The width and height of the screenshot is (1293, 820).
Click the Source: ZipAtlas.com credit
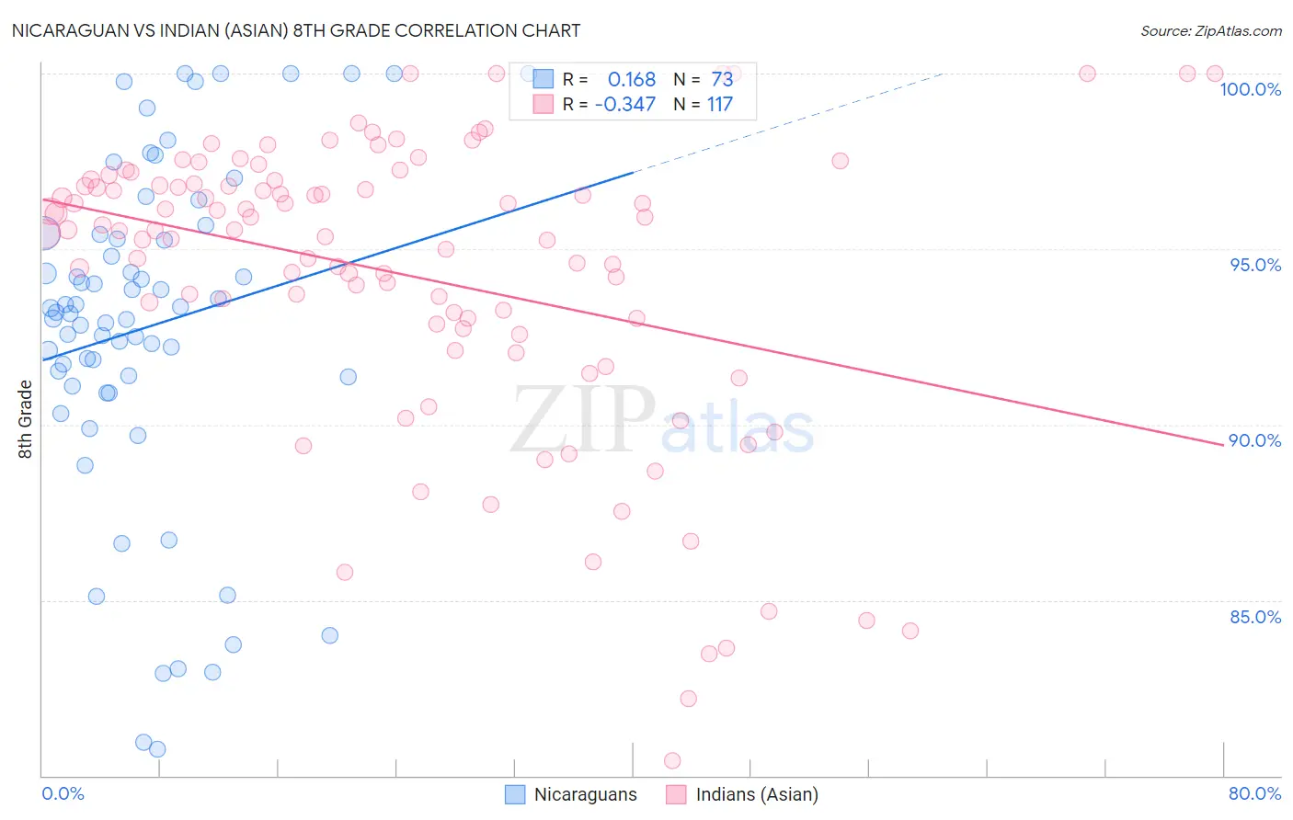1210,31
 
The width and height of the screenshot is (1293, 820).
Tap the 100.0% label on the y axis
1250,89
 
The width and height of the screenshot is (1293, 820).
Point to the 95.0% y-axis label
1255,265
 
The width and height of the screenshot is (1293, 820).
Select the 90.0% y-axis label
1255,440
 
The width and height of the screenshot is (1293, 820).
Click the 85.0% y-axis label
1255,617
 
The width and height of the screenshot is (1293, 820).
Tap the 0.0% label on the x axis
63,793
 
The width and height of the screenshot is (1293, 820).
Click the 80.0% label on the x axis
1254,793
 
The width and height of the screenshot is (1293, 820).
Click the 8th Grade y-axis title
26,419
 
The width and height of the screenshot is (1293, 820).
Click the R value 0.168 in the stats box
632,80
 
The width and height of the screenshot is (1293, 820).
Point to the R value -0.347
625,105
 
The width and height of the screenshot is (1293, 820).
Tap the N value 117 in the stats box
719,105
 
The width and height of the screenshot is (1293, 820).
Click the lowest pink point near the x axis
672,760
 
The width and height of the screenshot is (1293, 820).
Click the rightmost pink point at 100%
1215,74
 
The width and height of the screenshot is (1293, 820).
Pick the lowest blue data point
157,749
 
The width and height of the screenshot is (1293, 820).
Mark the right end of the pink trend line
1222,444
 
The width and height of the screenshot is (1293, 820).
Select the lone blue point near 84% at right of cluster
330,635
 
